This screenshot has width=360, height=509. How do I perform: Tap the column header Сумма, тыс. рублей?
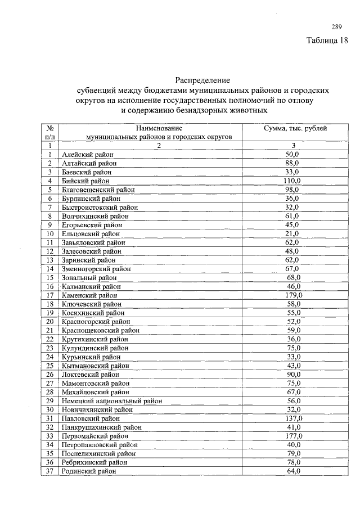(295, 128)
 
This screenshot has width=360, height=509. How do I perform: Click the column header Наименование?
(159, 128)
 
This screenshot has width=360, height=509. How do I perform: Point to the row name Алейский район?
(87, 154)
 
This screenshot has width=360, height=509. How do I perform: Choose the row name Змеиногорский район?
(96, 269)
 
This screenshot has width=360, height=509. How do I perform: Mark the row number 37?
(49, 471)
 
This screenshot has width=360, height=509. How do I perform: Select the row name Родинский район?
(89, 471)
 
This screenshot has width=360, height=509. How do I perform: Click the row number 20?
(49, 321)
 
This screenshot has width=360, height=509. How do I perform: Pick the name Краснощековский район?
(101, 330)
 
